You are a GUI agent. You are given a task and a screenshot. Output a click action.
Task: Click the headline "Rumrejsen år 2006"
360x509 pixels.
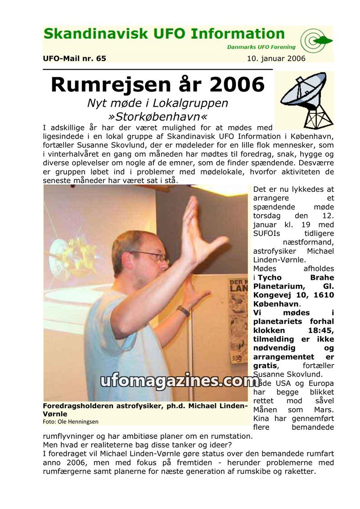point(157,85)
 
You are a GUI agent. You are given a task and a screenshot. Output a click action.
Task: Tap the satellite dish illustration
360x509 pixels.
point(305,100)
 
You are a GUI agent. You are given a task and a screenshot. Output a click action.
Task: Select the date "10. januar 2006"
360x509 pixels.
point(276,59)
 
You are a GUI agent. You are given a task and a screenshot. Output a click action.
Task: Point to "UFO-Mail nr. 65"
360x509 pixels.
point(74,59)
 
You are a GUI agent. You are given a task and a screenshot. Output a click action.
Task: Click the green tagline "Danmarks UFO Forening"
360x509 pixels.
point(261,47)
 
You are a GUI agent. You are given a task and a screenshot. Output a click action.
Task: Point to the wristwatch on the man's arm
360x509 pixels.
point(183,311)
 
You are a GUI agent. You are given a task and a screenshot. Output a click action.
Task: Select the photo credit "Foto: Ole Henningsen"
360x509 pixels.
point(71,422)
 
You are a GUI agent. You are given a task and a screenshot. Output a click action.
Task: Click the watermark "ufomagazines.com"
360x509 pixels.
point(178,381)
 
